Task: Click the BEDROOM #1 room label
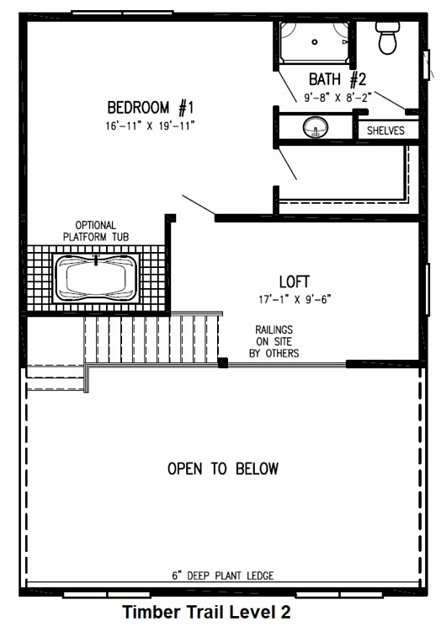tap(151, 108)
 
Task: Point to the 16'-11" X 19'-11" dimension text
tap(150, 126)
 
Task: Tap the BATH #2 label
tap(337, 79)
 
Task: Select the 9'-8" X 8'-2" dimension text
tap(337, 98)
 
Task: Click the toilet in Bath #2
tap(388, 38)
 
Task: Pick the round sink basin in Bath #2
tap(315, 127)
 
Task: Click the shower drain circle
tap(315, 42)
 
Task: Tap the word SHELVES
tap(385, 131)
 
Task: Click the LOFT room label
tap(294, 281)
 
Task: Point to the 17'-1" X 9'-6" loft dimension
tap(295, 300)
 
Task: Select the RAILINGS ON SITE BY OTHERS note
tap(274, 341)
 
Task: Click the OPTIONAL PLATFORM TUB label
tap(96, 231)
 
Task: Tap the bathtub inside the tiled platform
tap(96, 278)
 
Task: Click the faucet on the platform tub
tap(96, 260)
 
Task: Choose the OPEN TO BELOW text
tap(223, 469)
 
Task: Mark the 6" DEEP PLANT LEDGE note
tap(223, 576)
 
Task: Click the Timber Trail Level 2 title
tap(206, 612)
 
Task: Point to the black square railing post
tap(222, 362)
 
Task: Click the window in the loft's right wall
tap(428, 288)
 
